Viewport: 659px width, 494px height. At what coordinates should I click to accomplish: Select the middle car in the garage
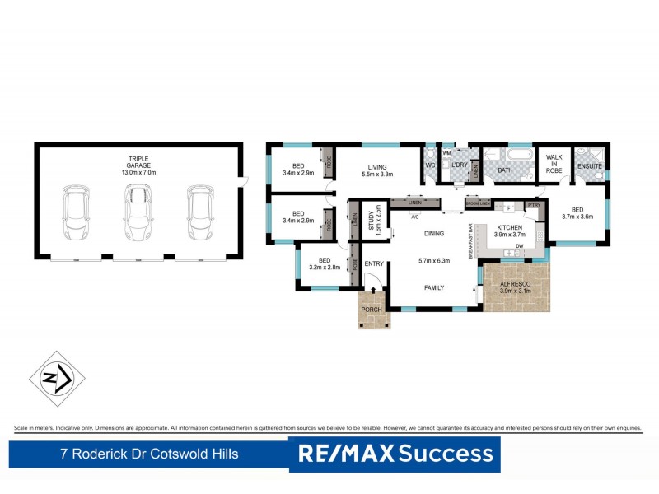(x=138, y=209)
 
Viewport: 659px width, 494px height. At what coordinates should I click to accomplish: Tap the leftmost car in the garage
(x=76, y=211)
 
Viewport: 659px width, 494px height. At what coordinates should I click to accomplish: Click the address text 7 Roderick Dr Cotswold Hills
(x=150, y=454)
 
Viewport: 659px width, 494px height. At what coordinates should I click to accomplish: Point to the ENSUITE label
(x=590, y=167)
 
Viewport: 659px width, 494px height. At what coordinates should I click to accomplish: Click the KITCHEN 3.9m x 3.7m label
(x=512, y=230)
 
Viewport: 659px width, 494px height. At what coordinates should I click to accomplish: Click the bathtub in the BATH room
(x=518, y=154)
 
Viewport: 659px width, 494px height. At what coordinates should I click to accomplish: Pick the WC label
(x=429, y=165)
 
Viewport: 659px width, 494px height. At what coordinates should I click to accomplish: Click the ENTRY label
(x=374, y=264)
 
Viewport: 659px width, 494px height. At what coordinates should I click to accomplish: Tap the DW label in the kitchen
(x=520, y=246)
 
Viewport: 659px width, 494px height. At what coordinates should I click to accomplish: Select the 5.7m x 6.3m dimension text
(x=433, y=261)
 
